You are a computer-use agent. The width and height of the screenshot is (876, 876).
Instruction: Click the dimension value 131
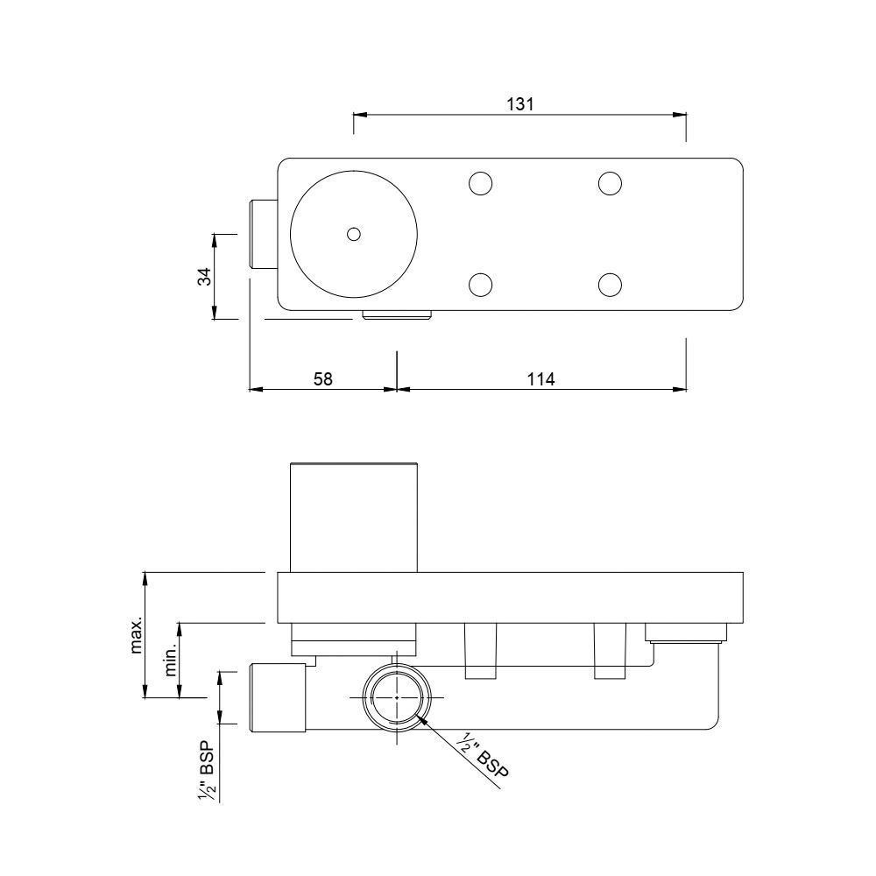coord(519,103)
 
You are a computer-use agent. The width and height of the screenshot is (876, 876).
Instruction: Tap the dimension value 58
coord(322,378)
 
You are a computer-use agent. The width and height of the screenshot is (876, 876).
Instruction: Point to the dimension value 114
coord(541,378)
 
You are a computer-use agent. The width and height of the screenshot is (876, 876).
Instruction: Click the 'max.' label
coord(137,635)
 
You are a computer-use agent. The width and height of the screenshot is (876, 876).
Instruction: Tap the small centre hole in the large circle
coord(353,234)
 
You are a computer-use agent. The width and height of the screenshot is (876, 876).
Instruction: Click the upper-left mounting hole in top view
coord(479,183)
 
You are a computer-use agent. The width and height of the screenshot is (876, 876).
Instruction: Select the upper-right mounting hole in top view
coord(610,183)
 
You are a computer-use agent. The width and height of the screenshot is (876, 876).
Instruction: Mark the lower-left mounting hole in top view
coord(479,285)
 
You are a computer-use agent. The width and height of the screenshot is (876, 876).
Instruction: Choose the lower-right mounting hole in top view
coord(610,285)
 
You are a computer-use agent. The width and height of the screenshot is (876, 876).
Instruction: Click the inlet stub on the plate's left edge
coord(264,234)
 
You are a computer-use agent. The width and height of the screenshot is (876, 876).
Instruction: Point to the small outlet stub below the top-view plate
coord(397,315)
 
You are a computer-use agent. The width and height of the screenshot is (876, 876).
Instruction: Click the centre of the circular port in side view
coord(397,697)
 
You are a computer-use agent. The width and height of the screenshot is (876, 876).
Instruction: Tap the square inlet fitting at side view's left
coord(277,697)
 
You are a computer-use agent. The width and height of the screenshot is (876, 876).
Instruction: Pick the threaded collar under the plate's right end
coord(686,632)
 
